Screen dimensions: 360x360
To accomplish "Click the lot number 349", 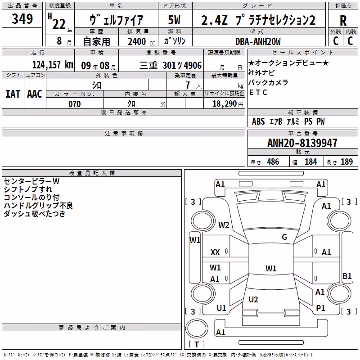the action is (22, 18).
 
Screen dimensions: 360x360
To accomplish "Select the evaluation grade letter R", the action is (343, 21).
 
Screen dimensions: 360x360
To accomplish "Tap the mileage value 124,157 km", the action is (53, 65).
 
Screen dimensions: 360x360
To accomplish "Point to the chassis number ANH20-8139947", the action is (302, 143).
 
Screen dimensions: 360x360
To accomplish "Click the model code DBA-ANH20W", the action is (258, 41).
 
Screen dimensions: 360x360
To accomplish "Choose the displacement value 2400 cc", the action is (141, 41).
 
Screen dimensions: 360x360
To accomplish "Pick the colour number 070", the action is (75, 104).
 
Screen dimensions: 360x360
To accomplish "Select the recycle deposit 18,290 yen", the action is (228, 104).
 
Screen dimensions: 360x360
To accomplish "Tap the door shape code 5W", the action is (174, 20).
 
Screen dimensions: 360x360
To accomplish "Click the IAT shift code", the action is (13, 94).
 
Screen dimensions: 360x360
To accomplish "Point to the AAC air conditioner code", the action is (35, 94).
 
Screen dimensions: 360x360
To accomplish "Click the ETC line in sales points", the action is (258, 92).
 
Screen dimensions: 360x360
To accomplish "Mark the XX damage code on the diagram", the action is (215, 252).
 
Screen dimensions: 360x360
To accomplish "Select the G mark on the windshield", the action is (284, 237).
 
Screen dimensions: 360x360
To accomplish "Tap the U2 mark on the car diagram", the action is (253, 299).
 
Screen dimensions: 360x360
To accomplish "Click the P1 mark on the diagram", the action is (320, 308).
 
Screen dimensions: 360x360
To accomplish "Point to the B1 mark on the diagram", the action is (347, 276).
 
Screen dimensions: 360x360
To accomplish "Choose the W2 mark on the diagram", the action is (224, 225).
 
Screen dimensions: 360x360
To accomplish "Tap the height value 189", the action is (346, 162).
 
